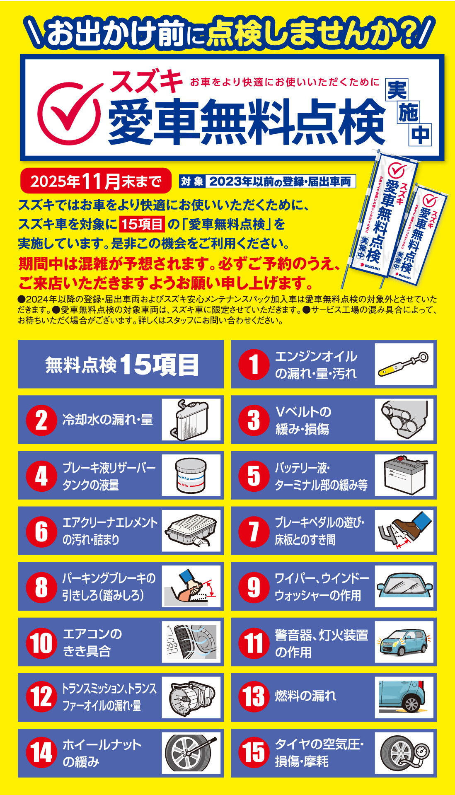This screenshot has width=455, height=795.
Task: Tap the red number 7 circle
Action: coord(254,531)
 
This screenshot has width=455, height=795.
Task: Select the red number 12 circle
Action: coord(41,698)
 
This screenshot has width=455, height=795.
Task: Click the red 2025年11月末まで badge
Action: coord(96,181)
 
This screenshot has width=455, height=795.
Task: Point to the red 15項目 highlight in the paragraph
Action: coord(142,224)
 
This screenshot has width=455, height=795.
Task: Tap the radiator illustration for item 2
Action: coord(191,419)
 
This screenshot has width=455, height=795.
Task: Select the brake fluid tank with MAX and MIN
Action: coord(191,475)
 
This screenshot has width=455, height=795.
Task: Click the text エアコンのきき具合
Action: coord(92,642)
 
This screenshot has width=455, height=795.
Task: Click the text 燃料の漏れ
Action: coord(305,696)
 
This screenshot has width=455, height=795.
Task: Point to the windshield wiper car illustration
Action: coord(404,586)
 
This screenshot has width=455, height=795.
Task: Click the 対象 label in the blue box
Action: coord(192,181)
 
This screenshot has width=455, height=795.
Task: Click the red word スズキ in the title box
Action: coord(146,81)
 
